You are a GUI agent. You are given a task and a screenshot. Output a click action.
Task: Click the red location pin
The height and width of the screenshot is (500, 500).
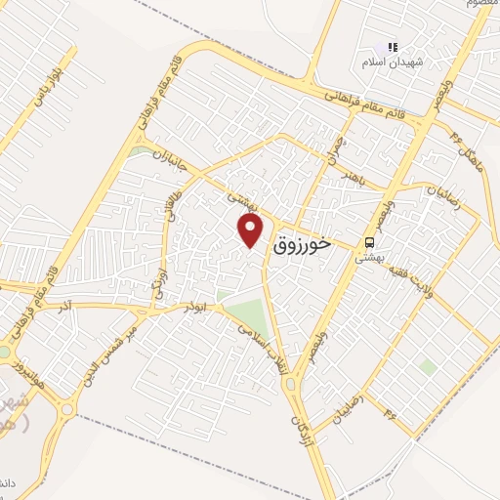click(x=252, y=230)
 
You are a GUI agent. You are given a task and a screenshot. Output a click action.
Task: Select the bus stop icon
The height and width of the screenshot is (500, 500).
click(x=370, y=242)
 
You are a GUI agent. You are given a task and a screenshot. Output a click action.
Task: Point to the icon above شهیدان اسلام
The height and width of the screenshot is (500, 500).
click(x=393, y=47)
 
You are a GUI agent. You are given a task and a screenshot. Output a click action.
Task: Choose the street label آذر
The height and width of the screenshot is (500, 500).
click(x=65, y=306)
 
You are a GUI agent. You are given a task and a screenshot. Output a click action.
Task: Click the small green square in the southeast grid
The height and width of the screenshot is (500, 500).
click(x=427, y=366)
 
